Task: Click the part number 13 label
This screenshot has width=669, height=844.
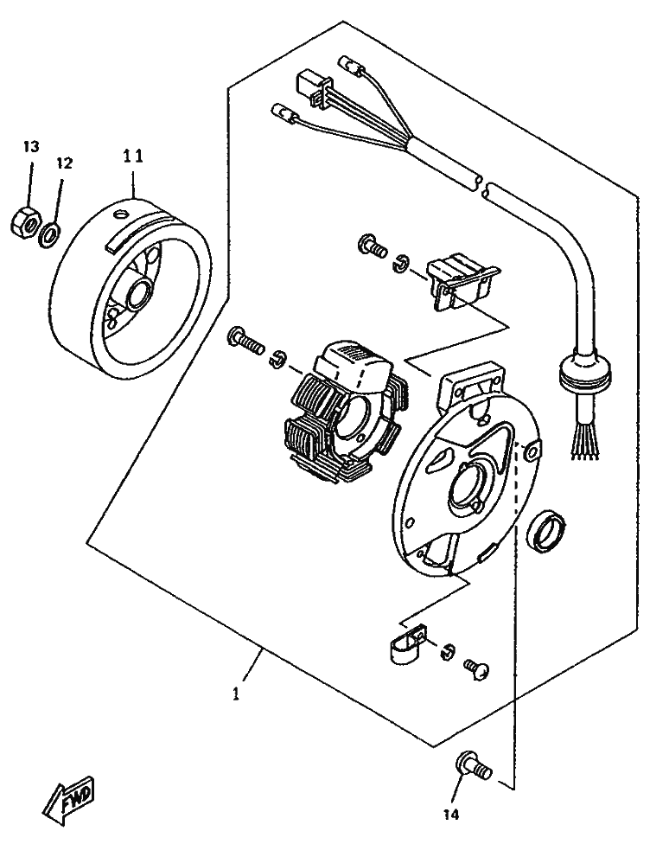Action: (x=29, y=147)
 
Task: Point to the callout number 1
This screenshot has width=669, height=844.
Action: (x=237, y=693)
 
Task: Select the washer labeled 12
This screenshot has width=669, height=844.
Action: (x=51, y=230)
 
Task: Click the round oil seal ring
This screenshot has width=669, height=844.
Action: (x=547, y=529)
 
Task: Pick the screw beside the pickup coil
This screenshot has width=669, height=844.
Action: (x=372, y=245)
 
